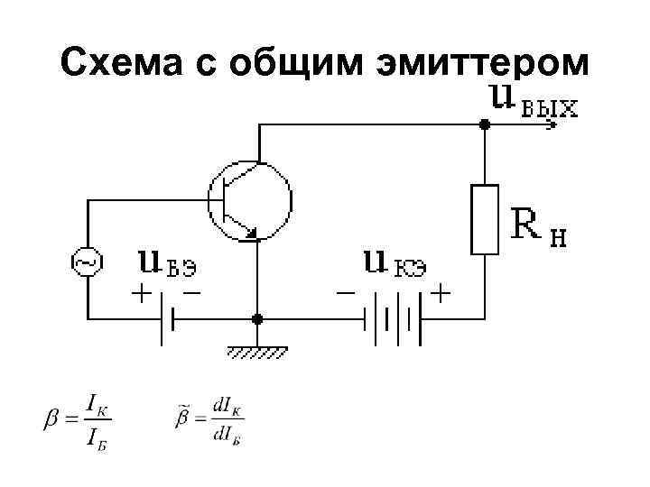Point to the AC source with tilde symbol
pos(87,263)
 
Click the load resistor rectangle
pos(485,218)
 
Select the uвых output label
pos(533,102)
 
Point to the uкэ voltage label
pos(395,262)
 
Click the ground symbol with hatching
pos(257,351)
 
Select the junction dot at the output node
pos(485,125)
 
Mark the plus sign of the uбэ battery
pos(143,294)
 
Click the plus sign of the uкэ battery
pos(441,294)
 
